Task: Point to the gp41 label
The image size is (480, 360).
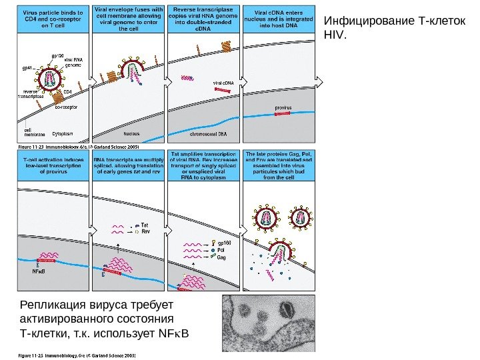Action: [x=27, y=68]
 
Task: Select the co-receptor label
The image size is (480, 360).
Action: [x=66, y=107]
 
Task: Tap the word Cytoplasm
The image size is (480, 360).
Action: [x=63, y=133]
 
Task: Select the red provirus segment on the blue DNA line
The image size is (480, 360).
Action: [x=283, y=114]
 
